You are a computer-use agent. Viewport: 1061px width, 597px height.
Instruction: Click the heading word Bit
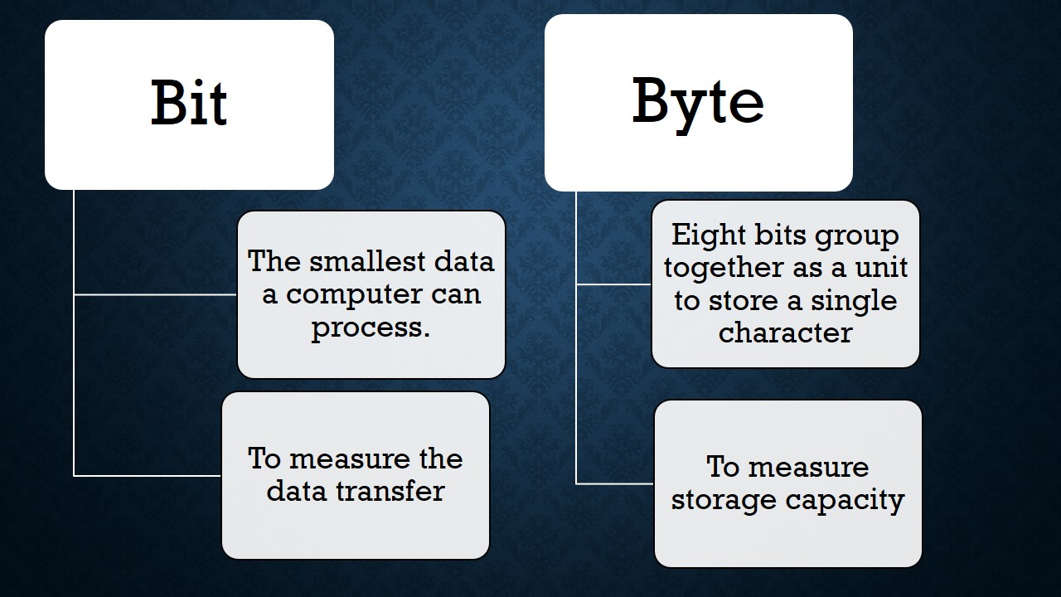[189, 104]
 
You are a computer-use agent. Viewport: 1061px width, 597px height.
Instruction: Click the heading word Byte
[698, 103]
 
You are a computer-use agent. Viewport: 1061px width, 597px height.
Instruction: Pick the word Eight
[707, 235]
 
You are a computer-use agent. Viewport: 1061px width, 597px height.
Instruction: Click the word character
[785, 332]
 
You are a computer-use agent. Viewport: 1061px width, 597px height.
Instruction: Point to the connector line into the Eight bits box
[614, 284]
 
